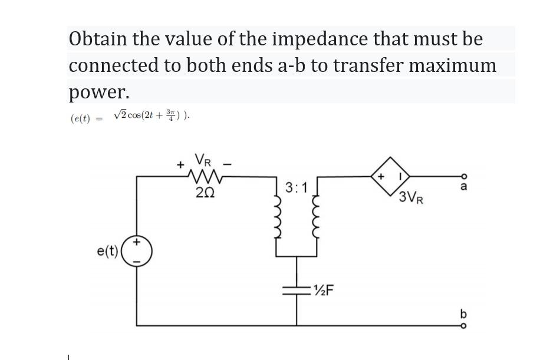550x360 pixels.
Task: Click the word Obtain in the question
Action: tap(97, 39)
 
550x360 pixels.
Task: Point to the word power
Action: tap(98, 92)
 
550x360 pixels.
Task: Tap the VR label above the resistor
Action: tap(203, 160)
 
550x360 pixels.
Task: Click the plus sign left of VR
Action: tap(180, 164)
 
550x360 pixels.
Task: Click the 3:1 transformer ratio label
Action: tap(297, 188)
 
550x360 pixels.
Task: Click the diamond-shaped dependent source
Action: tap(390, 175)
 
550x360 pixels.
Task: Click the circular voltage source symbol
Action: tap(137, 252)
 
